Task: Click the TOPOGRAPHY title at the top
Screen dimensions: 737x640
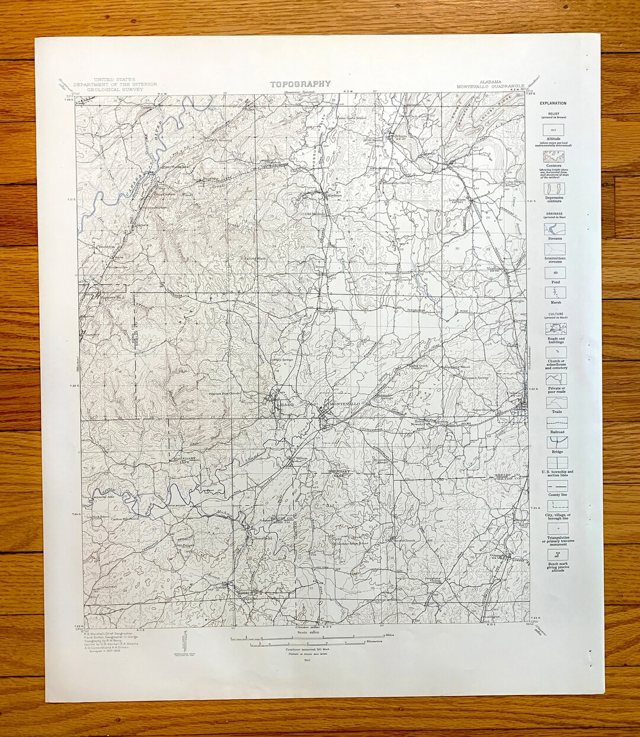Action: point(300,84)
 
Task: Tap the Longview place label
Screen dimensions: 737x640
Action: point(459,200)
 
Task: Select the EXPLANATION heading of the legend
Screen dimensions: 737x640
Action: point(553,104)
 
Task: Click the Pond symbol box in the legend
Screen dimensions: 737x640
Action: point(555,273)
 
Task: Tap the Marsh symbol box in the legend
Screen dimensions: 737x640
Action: point(555,293)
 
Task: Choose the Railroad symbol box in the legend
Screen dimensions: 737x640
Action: point(556,423)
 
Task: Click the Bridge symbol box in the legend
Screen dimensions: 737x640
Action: point(556,442)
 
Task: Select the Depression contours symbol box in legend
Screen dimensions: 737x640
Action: point(555,189)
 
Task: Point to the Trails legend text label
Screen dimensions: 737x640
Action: point(556,411)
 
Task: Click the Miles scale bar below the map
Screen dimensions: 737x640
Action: point(308,637)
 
